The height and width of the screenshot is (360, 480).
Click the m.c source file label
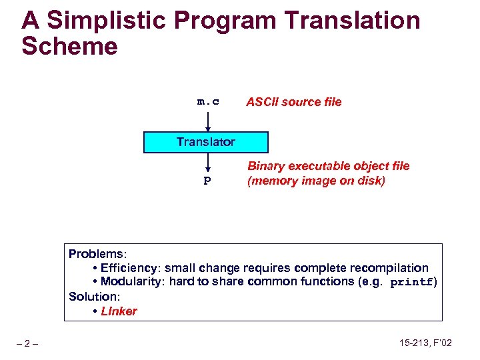click(x=208, y=102)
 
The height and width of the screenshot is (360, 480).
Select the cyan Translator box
click(x=206, y=142)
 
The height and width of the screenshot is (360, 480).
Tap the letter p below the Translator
click(x=207, y=181)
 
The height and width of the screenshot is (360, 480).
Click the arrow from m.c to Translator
click(x=208, y=121)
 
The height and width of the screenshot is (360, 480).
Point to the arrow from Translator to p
click(x=208, y=163)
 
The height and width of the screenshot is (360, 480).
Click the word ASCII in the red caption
click(x=261, y=102)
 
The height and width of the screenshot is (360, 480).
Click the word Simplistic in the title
click(x=117, y=21)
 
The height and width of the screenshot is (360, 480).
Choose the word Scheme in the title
click(x=69, y=47)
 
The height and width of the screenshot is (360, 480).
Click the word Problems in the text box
click(x=97, y=254)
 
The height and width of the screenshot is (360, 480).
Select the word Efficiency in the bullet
click(x=127, y=268)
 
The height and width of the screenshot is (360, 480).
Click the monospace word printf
click(x=411, y=282)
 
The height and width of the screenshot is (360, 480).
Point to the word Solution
click(x=93, y=296)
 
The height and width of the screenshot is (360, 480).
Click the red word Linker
click(x=119, y=311)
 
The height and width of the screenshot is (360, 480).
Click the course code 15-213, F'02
click(x=425, y=343)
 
